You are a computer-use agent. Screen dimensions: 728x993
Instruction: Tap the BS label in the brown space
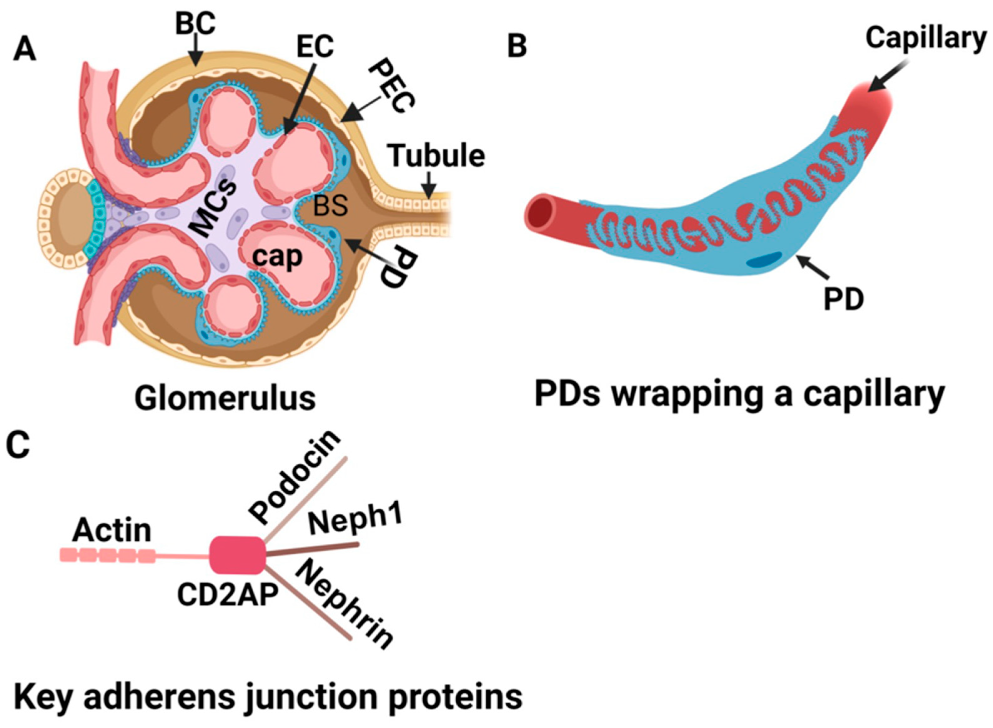coord(330,206)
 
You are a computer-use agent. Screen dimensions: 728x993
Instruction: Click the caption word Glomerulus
coord(225,399)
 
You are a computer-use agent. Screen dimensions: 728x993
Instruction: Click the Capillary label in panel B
coord(926,38)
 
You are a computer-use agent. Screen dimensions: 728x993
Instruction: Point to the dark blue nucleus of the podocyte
coord(764,260)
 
